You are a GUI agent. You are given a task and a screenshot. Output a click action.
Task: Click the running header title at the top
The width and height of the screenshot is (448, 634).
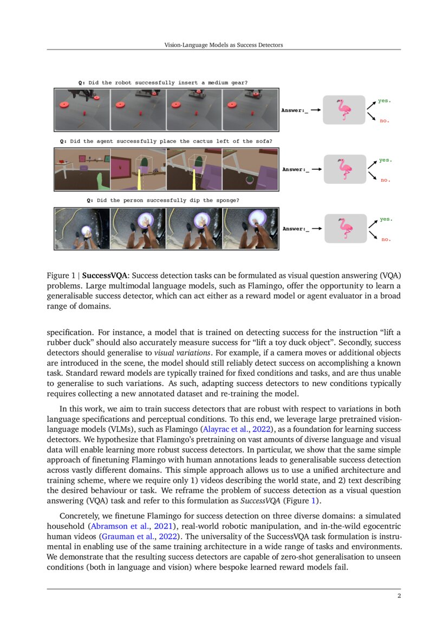point(223,45)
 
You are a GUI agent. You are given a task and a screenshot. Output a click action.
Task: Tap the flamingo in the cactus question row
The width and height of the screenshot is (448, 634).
point(345,169)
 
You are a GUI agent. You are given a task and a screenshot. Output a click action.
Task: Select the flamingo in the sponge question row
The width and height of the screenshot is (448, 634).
point(345,228)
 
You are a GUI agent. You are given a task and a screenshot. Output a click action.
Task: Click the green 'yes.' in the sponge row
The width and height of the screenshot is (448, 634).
point(385,219)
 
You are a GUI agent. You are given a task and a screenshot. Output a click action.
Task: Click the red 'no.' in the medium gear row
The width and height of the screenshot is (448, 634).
point(384,121)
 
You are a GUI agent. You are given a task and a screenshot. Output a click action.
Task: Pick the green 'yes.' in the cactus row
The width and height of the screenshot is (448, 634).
point(385,160)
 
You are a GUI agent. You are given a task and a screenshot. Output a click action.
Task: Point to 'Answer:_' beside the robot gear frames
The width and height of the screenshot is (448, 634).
point(294,111)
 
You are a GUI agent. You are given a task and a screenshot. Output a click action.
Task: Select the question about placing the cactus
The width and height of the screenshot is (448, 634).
point(166,141)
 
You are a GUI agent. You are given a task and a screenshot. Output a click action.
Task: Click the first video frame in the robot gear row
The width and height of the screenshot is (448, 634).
point(82,110)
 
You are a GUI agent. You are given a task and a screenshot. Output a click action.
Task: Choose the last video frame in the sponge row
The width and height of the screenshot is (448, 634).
point(250,228)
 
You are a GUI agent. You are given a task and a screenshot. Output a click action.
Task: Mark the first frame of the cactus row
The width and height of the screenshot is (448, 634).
point(82,169)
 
